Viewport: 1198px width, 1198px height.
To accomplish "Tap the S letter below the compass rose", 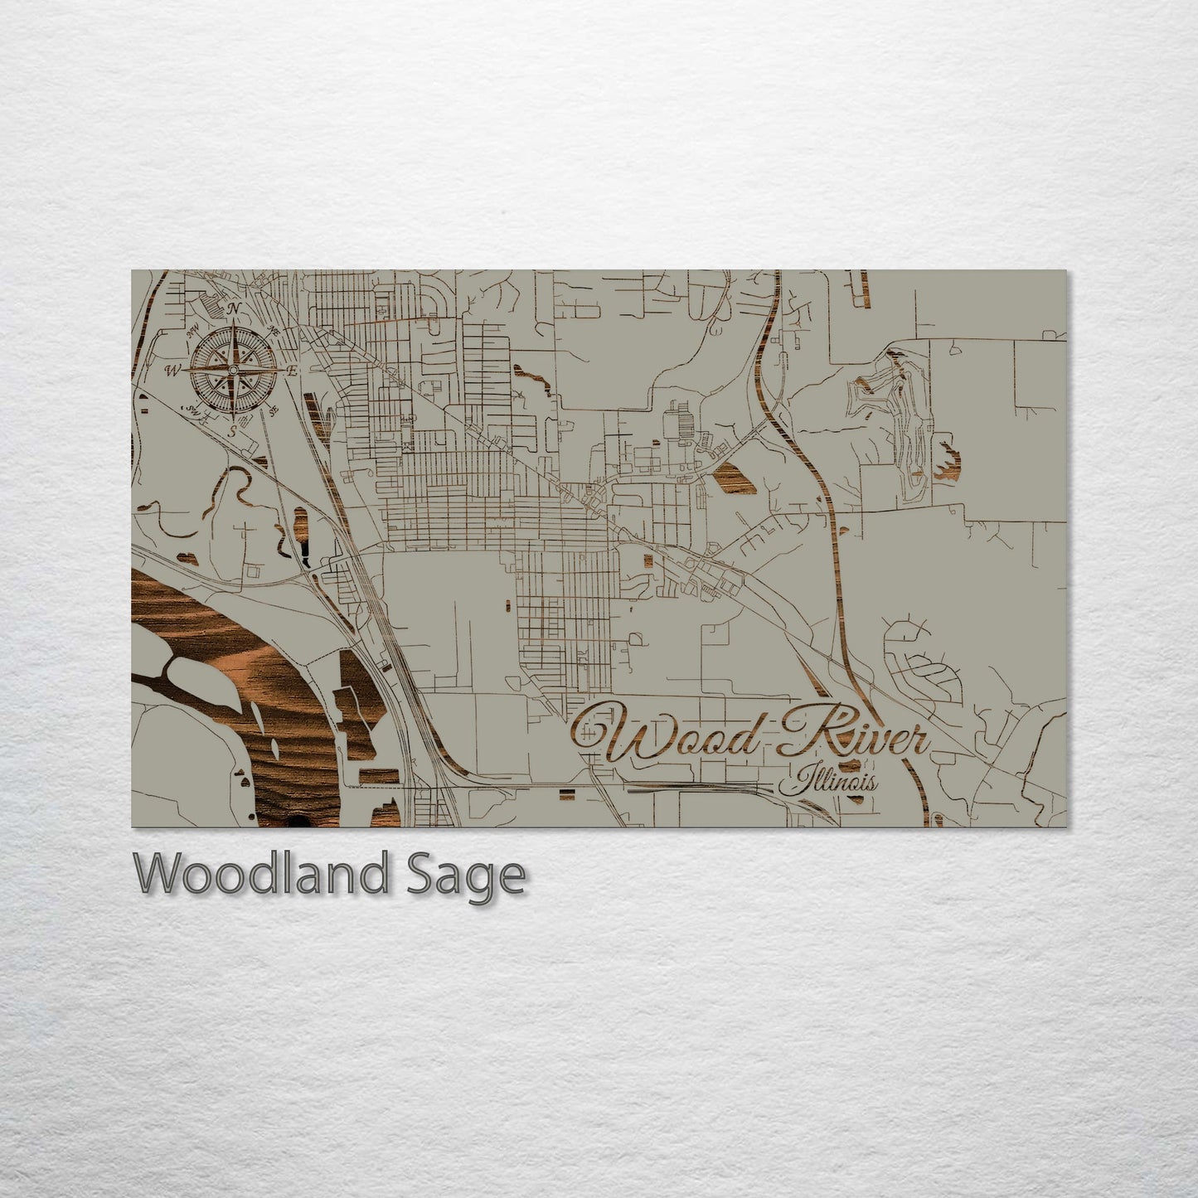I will pos(233,432).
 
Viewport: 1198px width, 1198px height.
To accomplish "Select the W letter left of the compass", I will pos(173,369).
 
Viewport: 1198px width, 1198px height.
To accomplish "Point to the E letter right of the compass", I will pos(293,371).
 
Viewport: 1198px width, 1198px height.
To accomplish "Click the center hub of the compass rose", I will pos(234,369).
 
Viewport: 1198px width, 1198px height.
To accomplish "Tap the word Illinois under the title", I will pos(829,780).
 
